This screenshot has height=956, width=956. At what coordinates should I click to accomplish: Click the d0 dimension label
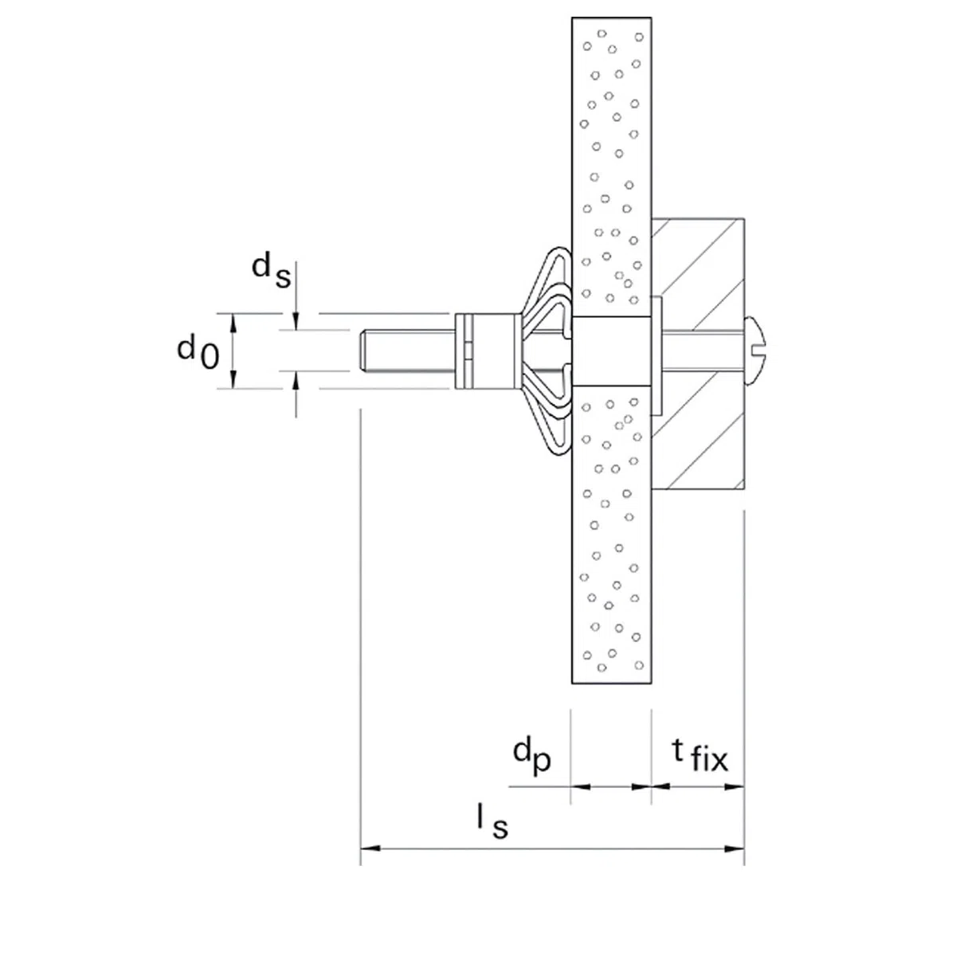coord(198,352)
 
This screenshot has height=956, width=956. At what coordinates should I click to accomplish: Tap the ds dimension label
coord(271,270)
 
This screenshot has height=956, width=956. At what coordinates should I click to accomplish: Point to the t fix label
coord(700,755)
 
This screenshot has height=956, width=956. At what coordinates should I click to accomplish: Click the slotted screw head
coord(754,351)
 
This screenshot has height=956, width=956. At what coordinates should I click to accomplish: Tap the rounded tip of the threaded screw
coord(363,351)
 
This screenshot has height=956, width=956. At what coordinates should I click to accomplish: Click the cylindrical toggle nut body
coord(488,351)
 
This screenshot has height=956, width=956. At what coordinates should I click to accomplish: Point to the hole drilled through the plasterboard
coord(611,351)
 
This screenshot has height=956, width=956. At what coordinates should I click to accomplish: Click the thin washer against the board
coord(656,351)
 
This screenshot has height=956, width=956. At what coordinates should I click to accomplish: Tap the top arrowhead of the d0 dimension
coord(233,323)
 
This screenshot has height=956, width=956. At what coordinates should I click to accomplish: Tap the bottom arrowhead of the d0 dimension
coord(233,379)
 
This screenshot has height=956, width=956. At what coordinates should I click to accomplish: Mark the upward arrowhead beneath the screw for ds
coord(296,381)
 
